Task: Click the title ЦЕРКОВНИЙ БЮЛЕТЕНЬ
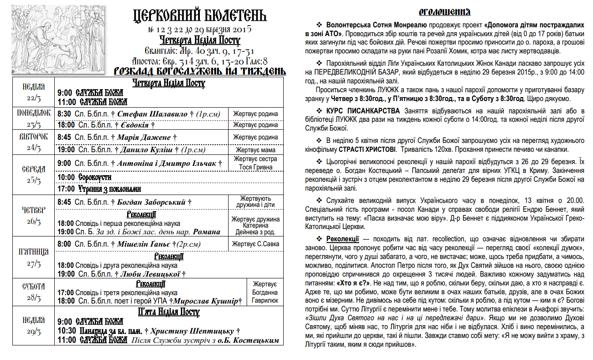[x=199, y=16]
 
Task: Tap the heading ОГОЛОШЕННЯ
[x=444, y=12]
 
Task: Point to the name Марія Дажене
[x=144, y=138]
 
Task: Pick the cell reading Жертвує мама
[x=255, y=150]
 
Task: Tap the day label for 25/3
[x=34, y=175]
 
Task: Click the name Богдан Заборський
[x=151, y=202]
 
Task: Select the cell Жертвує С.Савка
[x=255, y=244]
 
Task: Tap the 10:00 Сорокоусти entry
[x=84, y=177]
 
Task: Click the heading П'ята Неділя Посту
[x=169, y=312]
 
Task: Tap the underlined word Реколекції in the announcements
[x=342, y=239]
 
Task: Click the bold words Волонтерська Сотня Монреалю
[x=376, y=23]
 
